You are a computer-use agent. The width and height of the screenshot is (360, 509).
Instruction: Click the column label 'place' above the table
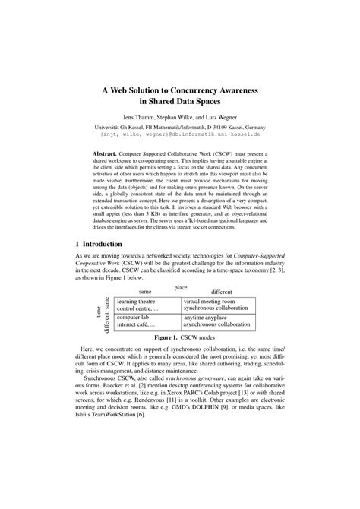(181, 287)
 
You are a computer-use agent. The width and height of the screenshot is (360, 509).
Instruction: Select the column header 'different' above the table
(222, 292)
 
